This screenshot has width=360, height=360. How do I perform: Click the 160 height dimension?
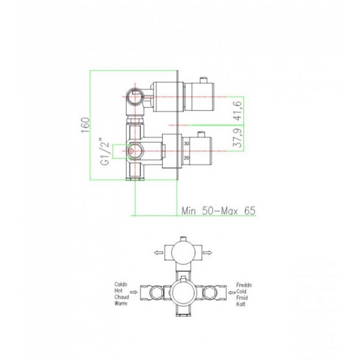pyautogui.click(x=85, y=125)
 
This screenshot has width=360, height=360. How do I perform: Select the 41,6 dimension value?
pyautogui.click(x=238, y=110)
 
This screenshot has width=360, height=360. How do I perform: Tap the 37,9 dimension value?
pyautogui.click(x=238, y=138)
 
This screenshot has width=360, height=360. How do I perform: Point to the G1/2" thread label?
pyautogui.click(x=104, y=151)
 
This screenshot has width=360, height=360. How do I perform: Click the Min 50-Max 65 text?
pyautogui.click(x=218, y=211)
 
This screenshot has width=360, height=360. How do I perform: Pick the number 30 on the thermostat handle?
pyautogui.click(x=187, y=143)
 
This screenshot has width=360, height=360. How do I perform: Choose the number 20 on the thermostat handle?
pyautogui.click(x=187, y=158)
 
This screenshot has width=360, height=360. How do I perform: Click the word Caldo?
pyautogui.click(x=121, y=284)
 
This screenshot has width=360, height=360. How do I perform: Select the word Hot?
pyautogui.click(x=118, y=290)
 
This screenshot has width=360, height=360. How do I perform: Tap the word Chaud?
pyautogui.click(x=122, y=297)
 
